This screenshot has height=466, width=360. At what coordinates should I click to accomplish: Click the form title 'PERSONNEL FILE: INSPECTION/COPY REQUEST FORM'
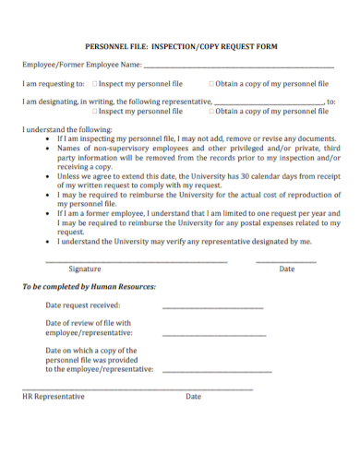click(x=181, y=45)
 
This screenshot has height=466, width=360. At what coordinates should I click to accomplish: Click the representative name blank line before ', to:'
click(x=268, y=103)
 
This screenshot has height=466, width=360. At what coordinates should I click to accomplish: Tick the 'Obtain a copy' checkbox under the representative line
click(x=211, y=112)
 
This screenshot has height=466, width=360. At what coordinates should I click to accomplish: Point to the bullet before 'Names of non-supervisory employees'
click(x=47, y=148)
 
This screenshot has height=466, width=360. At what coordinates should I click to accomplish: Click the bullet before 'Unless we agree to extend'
click(x=47, y=174)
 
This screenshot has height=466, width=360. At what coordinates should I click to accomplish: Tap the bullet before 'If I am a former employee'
click(x=47, y=211)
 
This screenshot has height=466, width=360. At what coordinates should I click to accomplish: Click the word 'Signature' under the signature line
click(x=85, y=269)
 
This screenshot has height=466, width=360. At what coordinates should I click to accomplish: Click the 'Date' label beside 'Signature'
click(x=286, y=269)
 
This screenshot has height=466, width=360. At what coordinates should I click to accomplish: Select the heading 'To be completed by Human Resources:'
click(x=89, y=287)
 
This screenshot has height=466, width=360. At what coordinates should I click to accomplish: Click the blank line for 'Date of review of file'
click(x=206, y=333)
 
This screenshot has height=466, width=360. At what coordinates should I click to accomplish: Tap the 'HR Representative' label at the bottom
click(x=54, y=397)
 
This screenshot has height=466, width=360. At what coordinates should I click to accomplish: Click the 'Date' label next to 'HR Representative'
click(x=193, y=397)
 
